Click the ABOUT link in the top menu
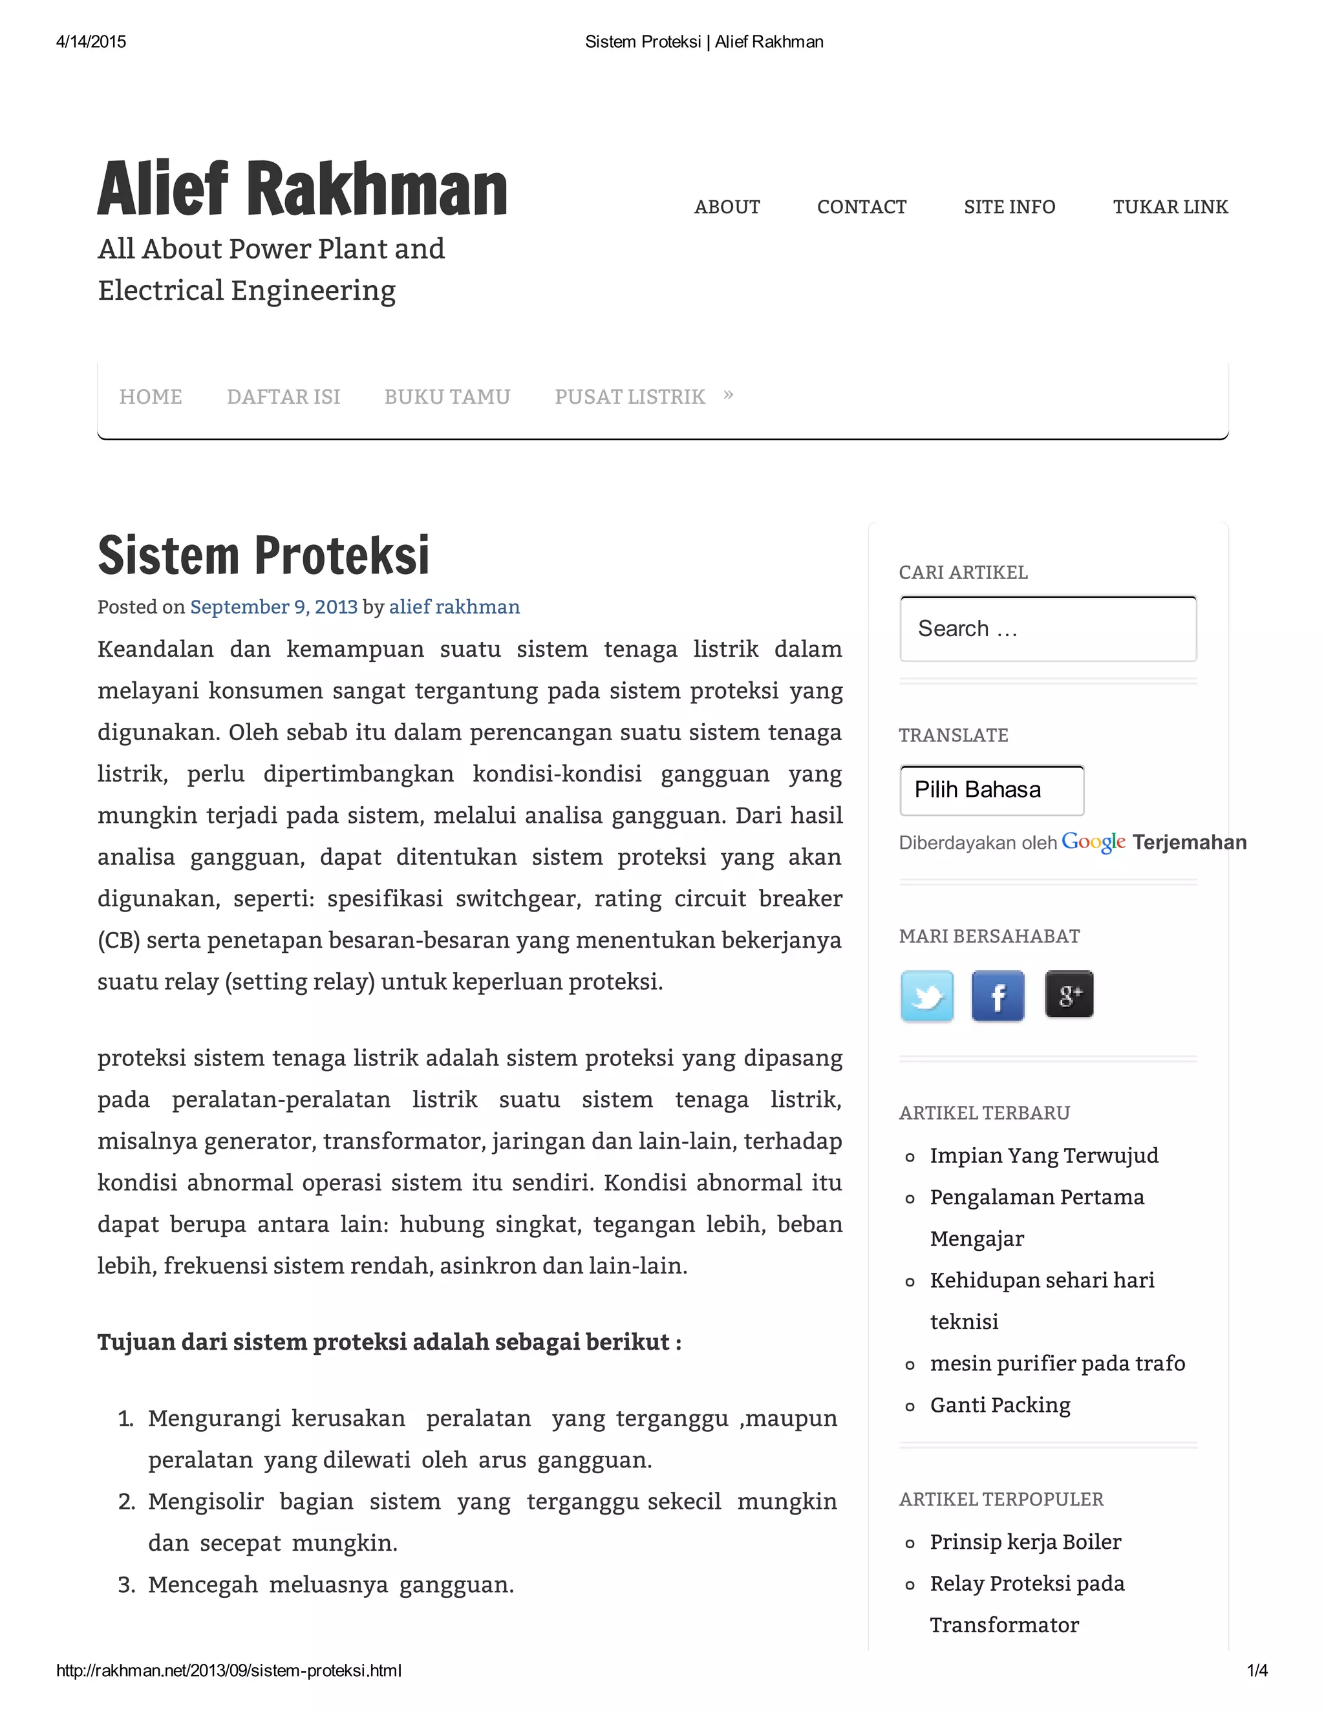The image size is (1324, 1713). click(726, 207)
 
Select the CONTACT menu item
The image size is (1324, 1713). click(861, 207)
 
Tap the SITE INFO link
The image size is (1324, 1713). click(1009, 207)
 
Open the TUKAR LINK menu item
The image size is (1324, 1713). click(1169, 207)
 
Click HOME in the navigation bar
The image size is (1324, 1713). click(151, 397)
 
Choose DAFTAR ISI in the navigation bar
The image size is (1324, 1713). click(283, 397)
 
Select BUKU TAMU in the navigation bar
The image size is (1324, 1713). click(447, 397)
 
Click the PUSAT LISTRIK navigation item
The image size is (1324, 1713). click(630, 397)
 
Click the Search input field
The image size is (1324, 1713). click(1047, 629)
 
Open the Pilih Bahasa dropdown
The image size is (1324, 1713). click(992, 790)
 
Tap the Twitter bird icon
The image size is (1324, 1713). click(926, 995)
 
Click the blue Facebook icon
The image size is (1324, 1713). click(997, 995)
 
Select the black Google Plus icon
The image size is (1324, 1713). click(1068, 994)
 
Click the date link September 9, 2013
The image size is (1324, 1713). click(273, 607)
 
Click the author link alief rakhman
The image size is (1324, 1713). click(454, 607)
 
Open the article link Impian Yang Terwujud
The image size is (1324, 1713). click(1043, 1155)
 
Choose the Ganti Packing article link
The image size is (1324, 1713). click(999, 1405)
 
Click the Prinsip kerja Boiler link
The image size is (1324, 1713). click(1025, 1542)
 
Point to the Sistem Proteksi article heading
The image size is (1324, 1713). click(264, 555)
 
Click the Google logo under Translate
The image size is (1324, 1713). click(1093, 842)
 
